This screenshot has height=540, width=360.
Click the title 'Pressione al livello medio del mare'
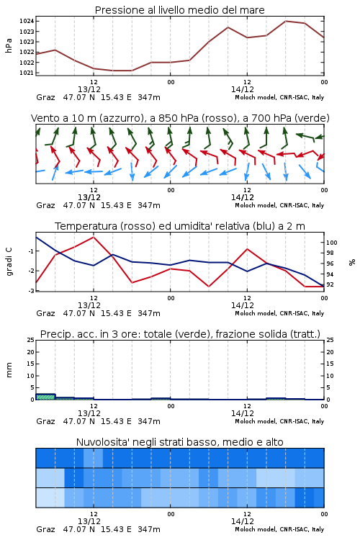(x=179, y=10)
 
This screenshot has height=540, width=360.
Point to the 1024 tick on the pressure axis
(x=27, y=22)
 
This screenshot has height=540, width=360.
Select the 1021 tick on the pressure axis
(x=27, y=73)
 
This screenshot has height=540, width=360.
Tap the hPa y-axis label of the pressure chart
(x=9, y=45)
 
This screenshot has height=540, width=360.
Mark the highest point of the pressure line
(x=286, y=21)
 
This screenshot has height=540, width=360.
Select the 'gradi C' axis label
(x=9, y=261)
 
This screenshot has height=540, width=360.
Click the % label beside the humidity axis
(x=352, y=262)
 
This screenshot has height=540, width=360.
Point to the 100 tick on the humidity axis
(x=332, y=243)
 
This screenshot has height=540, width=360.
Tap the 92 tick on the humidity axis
(x=330, y=285)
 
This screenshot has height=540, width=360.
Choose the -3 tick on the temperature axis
(x=31, y=291)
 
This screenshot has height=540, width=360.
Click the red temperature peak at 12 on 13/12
(x=94, y=237)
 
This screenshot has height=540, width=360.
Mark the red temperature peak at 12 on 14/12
(x=247, y=248)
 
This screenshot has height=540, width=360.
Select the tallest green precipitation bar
(x=45, y=397)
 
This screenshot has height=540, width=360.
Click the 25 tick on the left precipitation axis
(x=31, y=340)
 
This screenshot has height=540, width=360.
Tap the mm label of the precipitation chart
(x=9, y=370)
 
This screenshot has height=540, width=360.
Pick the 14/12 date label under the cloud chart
(x=243, y=521)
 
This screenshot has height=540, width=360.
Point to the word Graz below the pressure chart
(x=45, y=97)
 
